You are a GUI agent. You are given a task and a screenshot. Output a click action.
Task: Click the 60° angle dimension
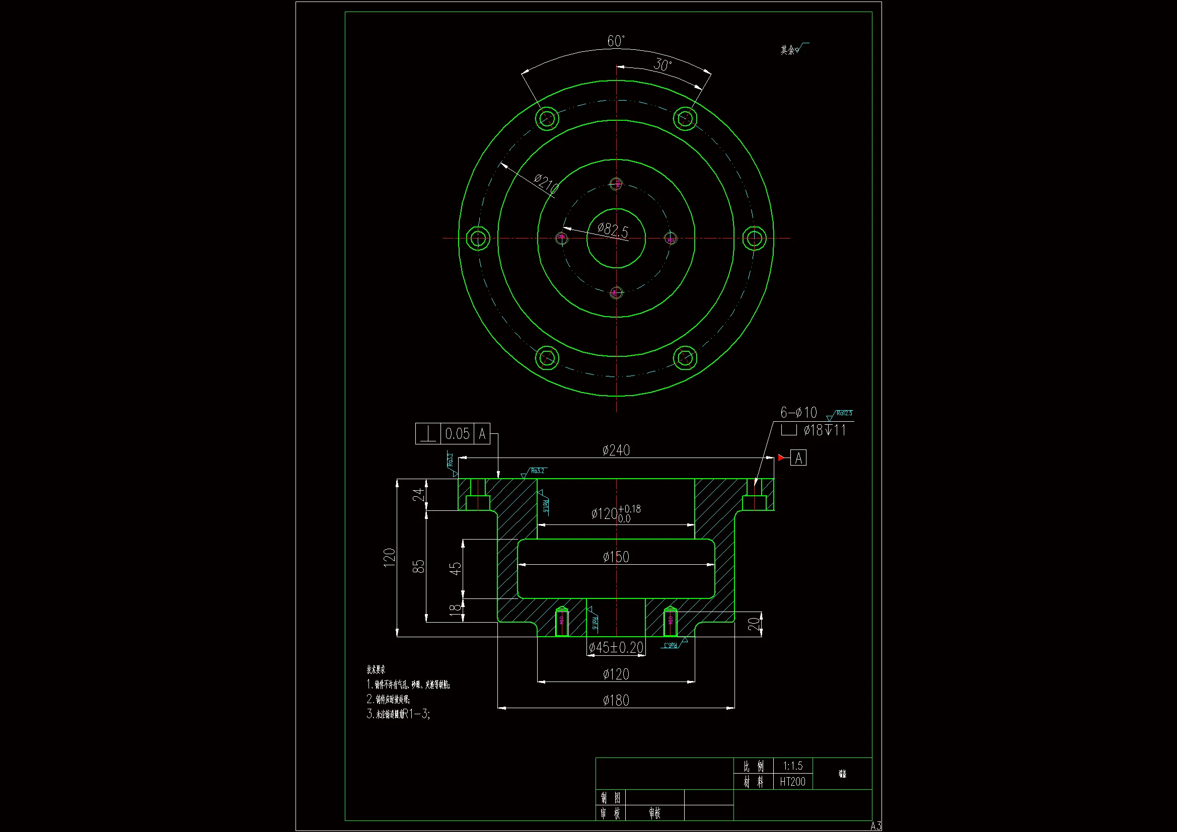616,41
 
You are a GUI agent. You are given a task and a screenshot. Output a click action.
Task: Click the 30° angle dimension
663,65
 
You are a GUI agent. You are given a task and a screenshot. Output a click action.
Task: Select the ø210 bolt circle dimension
546,184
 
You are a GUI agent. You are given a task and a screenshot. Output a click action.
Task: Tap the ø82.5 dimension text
613,230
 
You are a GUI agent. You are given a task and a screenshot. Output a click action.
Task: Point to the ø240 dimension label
616,450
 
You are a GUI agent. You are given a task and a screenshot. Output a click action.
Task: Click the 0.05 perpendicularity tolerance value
457,434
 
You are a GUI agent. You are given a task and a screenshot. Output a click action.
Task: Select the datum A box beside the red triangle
798,458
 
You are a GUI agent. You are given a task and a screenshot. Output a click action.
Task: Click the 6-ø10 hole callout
798,413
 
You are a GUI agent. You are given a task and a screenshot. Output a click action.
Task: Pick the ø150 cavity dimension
616,557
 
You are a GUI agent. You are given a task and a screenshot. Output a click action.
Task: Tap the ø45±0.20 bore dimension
616,647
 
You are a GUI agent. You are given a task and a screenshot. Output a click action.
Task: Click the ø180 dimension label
616,700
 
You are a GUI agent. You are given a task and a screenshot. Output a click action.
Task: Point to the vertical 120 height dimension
390,557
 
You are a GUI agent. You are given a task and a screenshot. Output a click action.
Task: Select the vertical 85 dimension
419,566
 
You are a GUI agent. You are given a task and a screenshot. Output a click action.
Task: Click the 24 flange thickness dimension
419,495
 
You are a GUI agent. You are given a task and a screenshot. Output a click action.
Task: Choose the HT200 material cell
792,782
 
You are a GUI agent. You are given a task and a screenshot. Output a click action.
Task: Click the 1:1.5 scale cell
792,766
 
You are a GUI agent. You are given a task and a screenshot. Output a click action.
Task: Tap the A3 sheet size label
875,825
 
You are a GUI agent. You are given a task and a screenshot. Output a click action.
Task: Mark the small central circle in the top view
616,239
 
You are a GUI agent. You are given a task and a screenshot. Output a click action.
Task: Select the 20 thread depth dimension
753,624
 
